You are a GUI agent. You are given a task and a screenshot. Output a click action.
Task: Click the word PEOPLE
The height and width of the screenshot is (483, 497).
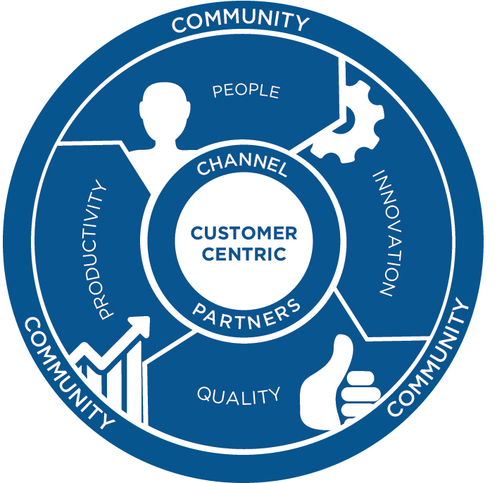click(246, 91)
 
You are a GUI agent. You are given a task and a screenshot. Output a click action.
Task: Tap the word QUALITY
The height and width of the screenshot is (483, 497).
click(238, 395)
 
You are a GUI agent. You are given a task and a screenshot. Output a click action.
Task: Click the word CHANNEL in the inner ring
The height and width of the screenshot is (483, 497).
click(241, 168)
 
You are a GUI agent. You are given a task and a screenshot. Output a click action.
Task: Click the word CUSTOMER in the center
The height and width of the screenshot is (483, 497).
click(244, 233)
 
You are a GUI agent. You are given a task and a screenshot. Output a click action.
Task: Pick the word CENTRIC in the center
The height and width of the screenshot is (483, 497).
click(244, 253)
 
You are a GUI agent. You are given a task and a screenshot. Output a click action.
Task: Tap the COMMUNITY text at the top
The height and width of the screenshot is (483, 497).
click(240, 20)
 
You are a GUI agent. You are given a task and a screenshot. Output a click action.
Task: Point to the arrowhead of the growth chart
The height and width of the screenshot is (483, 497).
click(141, 325)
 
